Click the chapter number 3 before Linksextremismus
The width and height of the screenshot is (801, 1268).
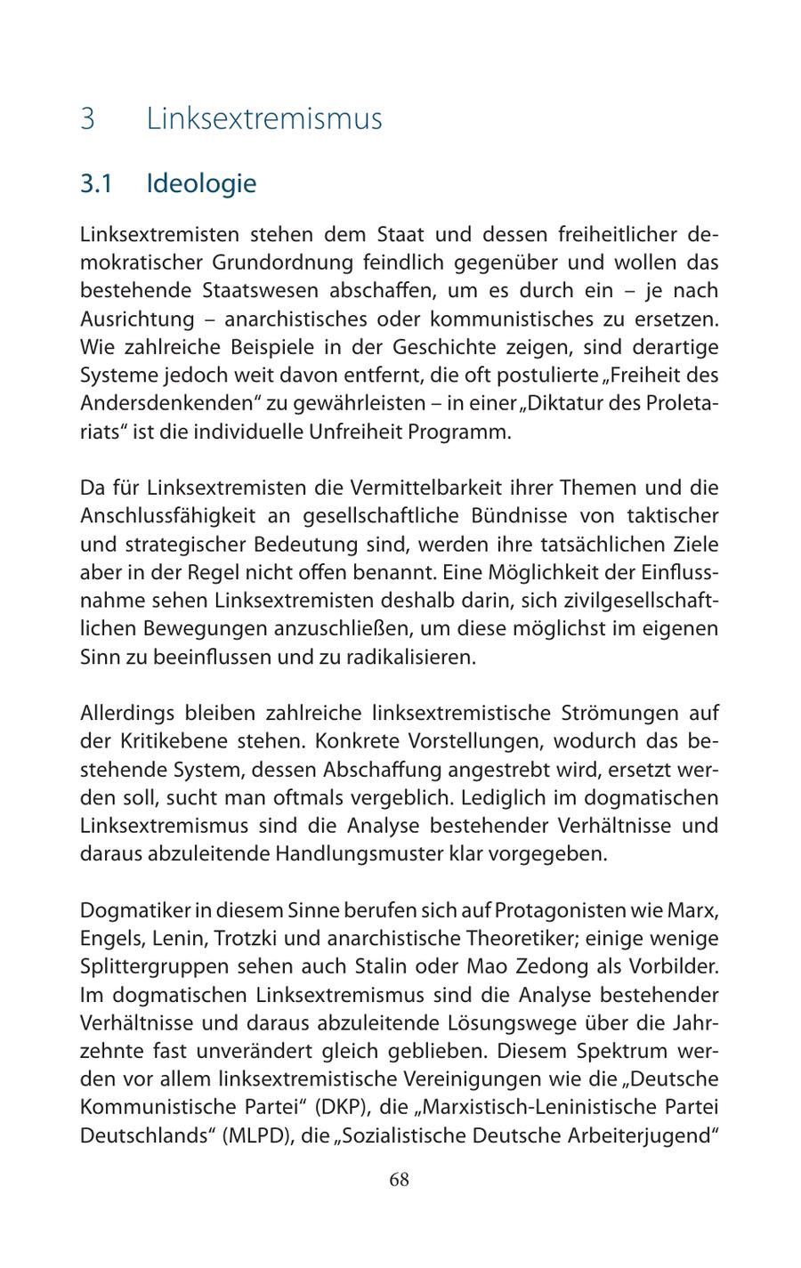point(87,118)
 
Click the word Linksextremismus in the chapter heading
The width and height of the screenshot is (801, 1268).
point(264,118)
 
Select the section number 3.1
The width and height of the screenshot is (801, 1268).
point(95,183)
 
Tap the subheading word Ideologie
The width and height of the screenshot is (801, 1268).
point(201,183)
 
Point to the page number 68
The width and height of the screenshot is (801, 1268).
point(400,1180)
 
